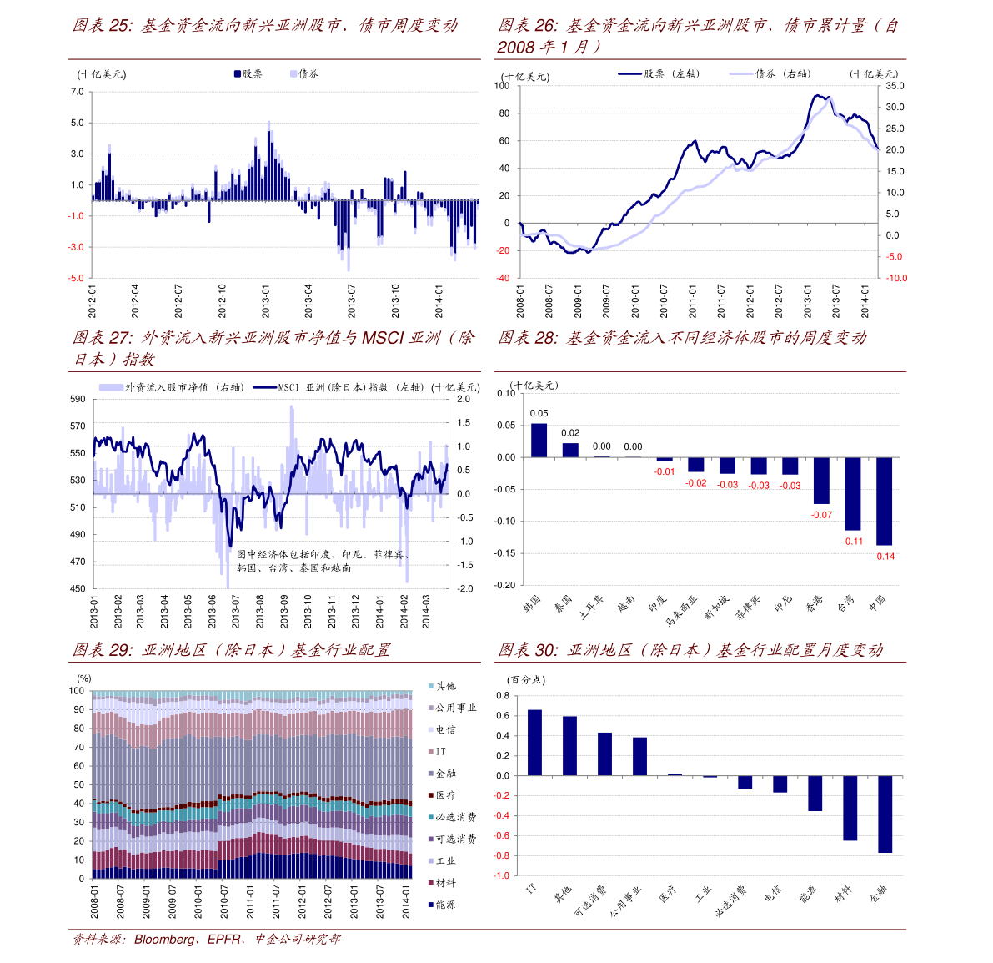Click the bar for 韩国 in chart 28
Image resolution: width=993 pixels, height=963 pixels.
539,441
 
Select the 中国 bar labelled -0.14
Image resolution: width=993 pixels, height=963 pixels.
884,501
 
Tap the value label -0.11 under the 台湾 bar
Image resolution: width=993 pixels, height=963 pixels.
853,542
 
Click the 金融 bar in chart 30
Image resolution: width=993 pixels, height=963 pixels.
885,814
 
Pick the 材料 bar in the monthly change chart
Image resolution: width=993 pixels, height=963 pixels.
850,808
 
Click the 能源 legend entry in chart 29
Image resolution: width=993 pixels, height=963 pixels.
442,905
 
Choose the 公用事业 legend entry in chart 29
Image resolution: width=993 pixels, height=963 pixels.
452,708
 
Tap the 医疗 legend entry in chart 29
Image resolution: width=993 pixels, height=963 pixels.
442,795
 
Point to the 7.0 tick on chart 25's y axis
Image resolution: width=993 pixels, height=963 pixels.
77,92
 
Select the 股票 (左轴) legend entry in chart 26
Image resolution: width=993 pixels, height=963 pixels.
659,74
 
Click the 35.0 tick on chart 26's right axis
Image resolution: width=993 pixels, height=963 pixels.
895,86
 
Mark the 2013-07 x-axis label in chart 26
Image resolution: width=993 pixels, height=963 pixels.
836,301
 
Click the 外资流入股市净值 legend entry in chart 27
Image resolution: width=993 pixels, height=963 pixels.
171,387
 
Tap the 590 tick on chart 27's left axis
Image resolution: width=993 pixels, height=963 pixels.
78,400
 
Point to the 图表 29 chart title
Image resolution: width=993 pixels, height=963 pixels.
231,650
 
